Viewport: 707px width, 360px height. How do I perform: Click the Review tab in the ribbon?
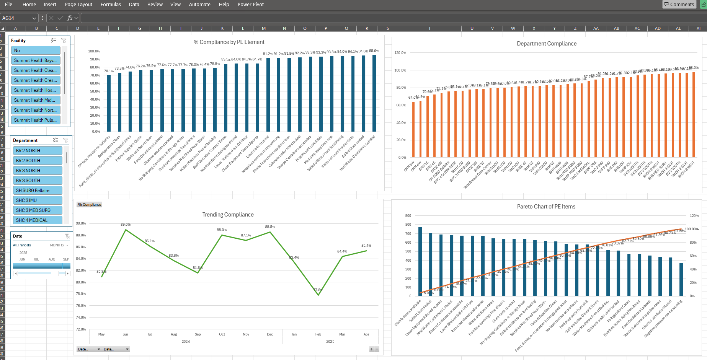pos(155,5)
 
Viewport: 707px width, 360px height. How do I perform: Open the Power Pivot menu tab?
pos(250,5)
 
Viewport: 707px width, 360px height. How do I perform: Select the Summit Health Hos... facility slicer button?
pos(36,90)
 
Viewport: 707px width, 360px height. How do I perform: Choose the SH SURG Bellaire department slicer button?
pos(38,191)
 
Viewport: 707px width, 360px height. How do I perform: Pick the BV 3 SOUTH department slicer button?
pos(38,181)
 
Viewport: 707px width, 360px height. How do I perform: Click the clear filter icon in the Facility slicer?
pos(64,41)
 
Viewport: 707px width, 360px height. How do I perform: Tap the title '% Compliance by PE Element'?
pos(229,42)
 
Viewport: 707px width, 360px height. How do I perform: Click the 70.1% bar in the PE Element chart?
pos(109,103)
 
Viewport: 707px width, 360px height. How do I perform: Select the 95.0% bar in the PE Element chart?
pos(374,93)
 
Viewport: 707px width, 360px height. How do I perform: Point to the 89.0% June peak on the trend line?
pos(126,230)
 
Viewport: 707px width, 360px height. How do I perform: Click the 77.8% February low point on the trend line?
pos(318,295)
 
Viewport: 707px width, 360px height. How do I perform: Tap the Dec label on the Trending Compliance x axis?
pos(270,334)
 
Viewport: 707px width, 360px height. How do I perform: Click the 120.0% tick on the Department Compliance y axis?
pos(400,53)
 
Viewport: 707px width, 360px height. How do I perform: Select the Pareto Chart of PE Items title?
pos(546,207)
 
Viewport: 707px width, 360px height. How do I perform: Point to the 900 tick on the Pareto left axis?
pos(408,216)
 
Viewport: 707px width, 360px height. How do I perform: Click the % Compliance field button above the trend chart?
pos(89,205)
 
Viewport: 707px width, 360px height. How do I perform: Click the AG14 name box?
pos(15,18)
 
